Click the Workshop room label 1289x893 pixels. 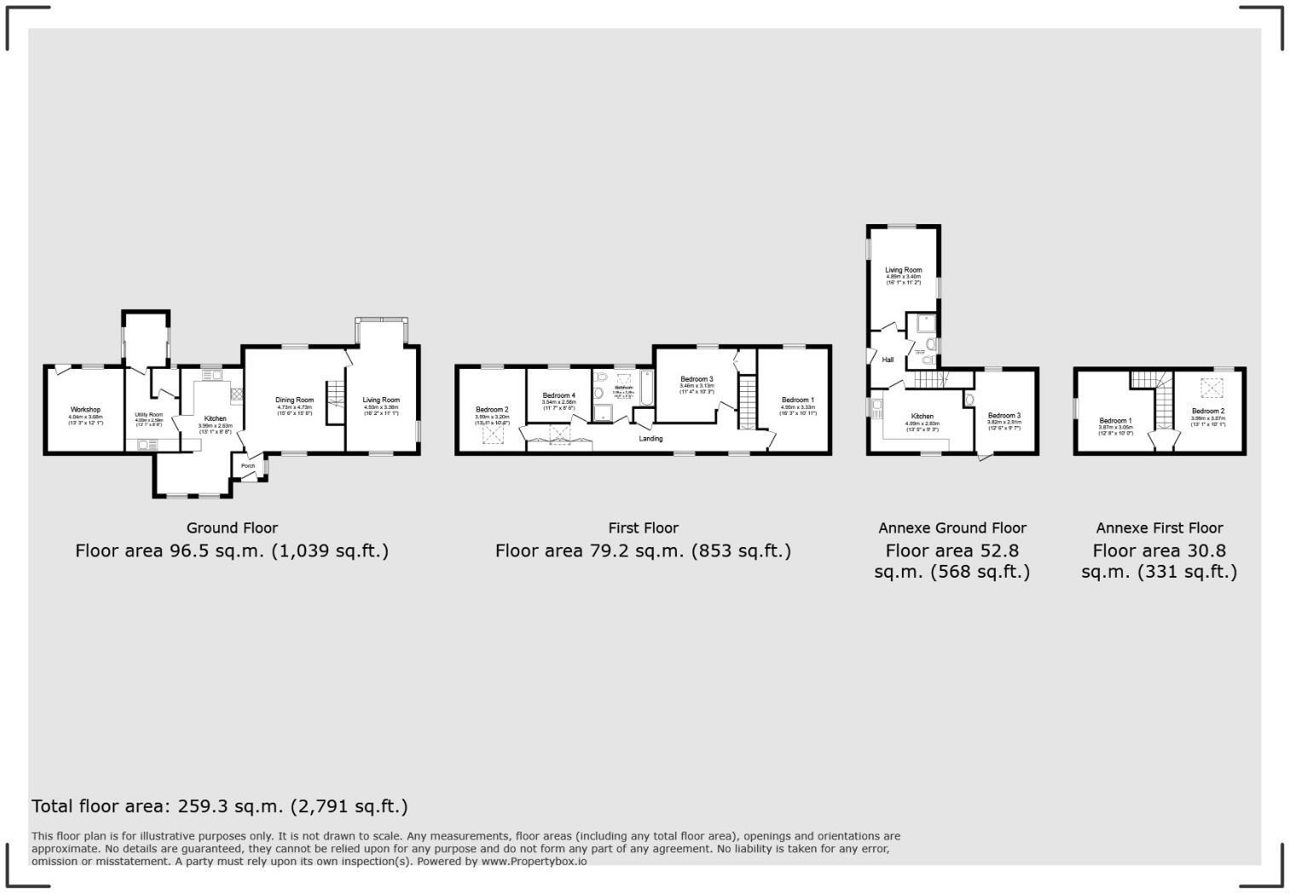tap(85, 410)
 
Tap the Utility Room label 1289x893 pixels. tap(148, 415)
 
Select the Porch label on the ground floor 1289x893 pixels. tap(248, 466)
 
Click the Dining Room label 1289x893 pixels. tap(294, 400)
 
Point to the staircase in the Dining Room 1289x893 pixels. tap(335, 395)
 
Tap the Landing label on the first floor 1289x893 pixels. tap(650, 439)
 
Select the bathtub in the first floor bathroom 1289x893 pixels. tap(646, 389)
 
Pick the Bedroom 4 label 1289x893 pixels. tap(558, 395)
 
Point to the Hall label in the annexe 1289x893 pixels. tap(887, 360)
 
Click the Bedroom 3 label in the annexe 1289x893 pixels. tap(1003, 416)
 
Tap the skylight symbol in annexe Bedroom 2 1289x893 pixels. tap(1208, 389)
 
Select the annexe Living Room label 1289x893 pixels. tap(903, 270)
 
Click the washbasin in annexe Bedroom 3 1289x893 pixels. tap(970, 400)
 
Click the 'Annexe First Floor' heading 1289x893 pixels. tap(1159, 528)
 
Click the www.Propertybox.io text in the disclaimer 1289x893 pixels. tap(534, 861)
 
